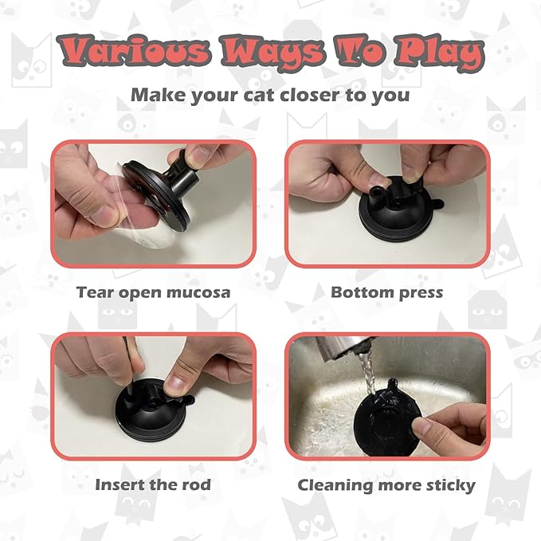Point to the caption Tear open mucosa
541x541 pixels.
click(153, 292)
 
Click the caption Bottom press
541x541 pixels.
click(386, 292)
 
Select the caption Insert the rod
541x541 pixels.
click(153, 484)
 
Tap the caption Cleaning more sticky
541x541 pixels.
click(386, 484)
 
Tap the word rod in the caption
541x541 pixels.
click(197, 484)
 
